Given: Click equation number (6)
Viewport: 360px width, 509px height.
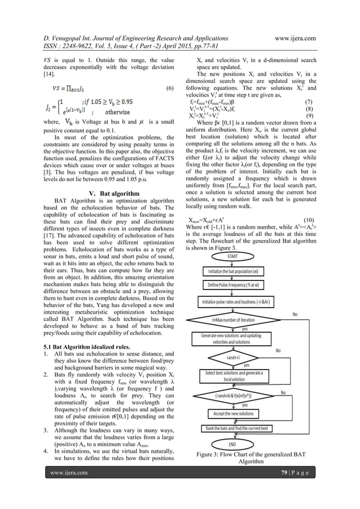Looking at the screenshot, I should (170, 89).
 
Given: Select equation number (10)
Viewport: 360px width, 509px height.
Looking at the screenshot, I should (309, 220).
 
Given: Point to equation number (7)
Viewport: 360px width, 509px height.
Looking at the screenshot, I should (308, 102).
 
